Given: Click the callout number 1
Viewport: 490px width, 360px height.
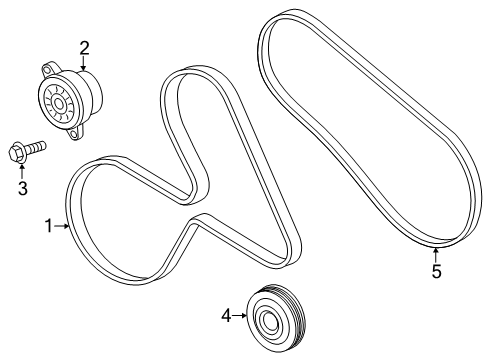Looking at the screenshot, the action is pyautogui.click(x=48, y=227).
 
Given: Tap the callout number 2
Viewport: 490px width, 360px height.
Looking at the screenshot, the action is pyautogui.click(x=84, y=46).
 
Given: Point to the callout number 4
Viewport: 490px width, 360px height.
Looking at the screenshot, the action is pyautogui.click(x=227, y=316).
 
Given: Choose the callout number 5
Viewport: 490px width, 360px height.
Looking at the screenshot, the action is pyautogui.click(x=436, y=271).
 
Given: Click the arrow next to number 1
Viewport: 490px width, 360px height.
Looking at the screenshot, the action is pyautogui.click(x=62, y=227).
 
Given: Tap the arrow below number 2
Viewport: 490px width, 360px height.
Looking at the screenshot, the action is pyautogui.click(x=84, y=63).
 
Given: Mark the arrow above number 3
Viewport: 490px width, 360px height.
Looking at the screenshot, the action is pyautogui.click(x=21, y=170).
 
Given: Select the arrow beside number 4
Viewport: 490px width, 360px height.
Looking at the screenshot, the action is pyautogui.click(x=241, y=316).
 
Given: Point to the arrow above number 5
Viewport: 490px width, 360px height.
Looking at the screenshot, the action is pyautogui.click(x=436, y=254).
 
